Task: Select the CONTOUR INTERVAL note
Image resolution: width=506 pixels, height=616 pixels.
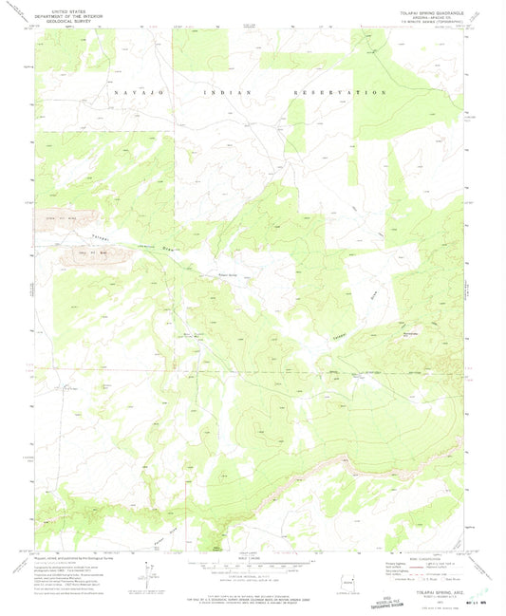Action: coord(253,572)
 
